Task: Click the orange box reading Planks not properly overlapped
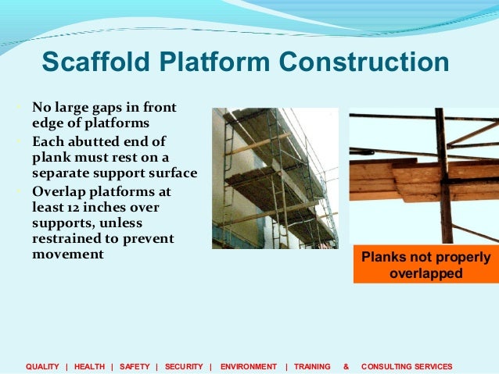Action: (425, 265)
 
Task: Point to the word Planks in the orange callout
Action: (382, 258)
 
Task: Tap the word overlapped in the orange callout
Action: (425, 274)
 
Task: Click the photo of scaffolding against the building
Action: (275, 178)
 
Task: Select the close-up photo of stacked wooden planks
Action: (423, 175)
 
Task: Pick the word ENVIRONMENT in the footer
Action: (249, 366)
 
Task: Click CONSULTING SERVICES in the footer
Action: (407, 366)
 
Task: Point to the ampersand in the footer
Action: (346, 366)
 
